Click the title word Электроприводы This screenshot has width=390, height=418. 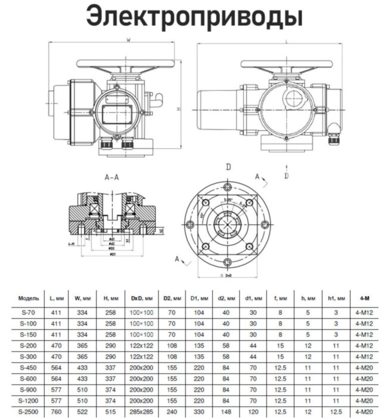tap(194, 17)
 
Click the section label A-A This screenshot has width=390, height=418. tap(113, 178)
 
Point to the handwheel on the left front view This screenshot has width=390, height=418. tap(129, 64)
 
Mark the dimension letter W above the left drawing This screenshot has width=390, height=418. tap(129, 40)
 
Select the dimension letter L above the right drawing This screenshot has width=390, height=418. tap(287, 41)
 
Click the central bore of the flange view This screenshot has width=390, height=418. tap(227, 226)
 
